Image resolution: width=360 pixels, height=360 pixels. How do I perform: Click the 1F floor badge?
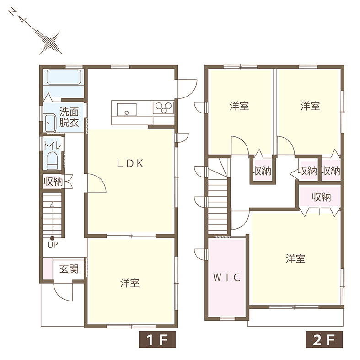[x=157, y=339]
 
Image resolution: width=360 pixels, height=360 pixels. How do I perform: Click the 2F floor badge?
[x=324, y=339]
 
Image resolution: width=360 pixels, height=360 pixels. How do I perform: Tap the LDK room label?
[x=130, y=163]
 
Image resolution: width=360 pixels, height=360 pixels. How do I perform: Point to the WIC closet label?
[x=226, y=278]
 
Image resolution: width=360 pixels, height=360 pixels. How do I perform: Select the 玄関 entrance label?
[x=69, y=269]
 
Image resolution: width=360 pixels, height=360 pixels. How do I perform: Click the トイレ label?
[x=53, y=145]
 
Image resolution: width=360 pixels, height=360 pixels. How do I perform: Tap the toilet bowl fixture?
[x=52, y=161]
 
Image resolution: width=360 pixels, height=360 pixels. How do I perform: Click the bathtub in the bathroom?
[x=64, y=77]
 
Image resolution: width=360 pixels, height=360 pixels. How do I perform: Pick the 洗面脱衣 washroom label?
[x=69, y=117]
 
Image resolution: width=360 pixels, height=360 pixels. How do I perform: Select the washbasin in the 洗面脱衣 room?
[x=50, y=124]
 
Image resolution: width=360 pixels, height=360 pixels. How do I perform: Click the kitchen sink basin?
[x=127, y=109]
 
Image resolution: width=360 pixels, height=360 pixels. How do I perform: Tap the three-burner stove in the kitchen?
[x=163, y=107]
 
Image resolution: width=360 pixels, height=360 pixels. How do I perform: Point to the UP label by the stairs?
[x=53, y=245]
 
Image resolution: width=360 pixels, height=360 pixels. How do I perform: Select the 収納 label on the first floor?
[x=53, y=182]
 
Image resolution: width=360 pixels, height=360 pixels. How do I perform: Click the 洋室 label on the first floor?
[x=130, y=283]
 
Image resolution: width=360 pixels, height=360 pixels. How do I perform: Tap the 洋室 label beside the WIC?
[x=296, y=258]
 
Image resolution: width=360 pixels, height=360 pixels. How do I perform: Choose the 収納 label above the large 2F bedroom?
[x=321, y=197]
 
